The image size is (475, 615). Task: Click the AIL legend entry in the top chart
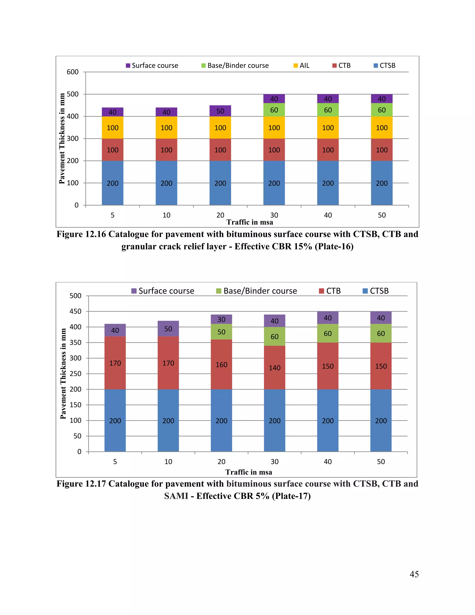click(301, 66)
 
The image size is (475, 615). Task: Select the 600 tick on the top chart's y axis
click(73, 72)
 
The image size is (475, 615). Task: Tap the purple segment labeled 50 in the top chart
click(220, 111)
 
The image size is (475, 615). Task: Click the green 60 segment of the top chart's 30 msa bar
click(274, 110)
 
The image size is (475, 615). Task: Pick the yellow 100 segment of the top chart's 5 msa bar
click(112, 128)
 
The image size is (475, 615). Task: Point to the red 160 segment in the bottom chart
click(221, 364)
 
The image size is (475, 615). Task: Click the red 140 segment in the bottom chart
click(275, 367)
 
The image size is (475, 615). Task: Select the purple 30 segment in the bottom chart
click(221, 319)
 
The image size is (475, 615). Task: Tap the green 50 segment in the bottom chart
click(221, 332)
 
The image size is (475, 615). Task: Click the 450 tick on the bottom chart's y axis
click(75, 311)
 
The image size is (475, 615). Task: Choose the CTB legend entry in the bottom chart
click(330, 291)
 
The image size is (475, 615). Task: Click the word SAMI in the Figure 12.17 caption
click(177, 496)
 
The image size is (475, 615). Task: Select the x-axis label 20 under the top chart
click(220, 215)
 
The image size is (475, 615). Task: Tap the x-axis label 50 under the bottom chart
click(381, 462)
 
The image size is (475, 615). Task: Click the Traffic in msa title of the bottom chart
click(249, 472)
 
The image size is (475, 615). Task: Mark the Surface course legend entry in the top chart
click(152, 66)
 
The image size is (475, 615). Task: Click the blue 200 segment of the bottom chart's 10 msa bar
click(168, 421)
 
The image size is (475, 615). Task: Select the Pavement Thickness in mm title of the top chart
click(62, 139)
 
